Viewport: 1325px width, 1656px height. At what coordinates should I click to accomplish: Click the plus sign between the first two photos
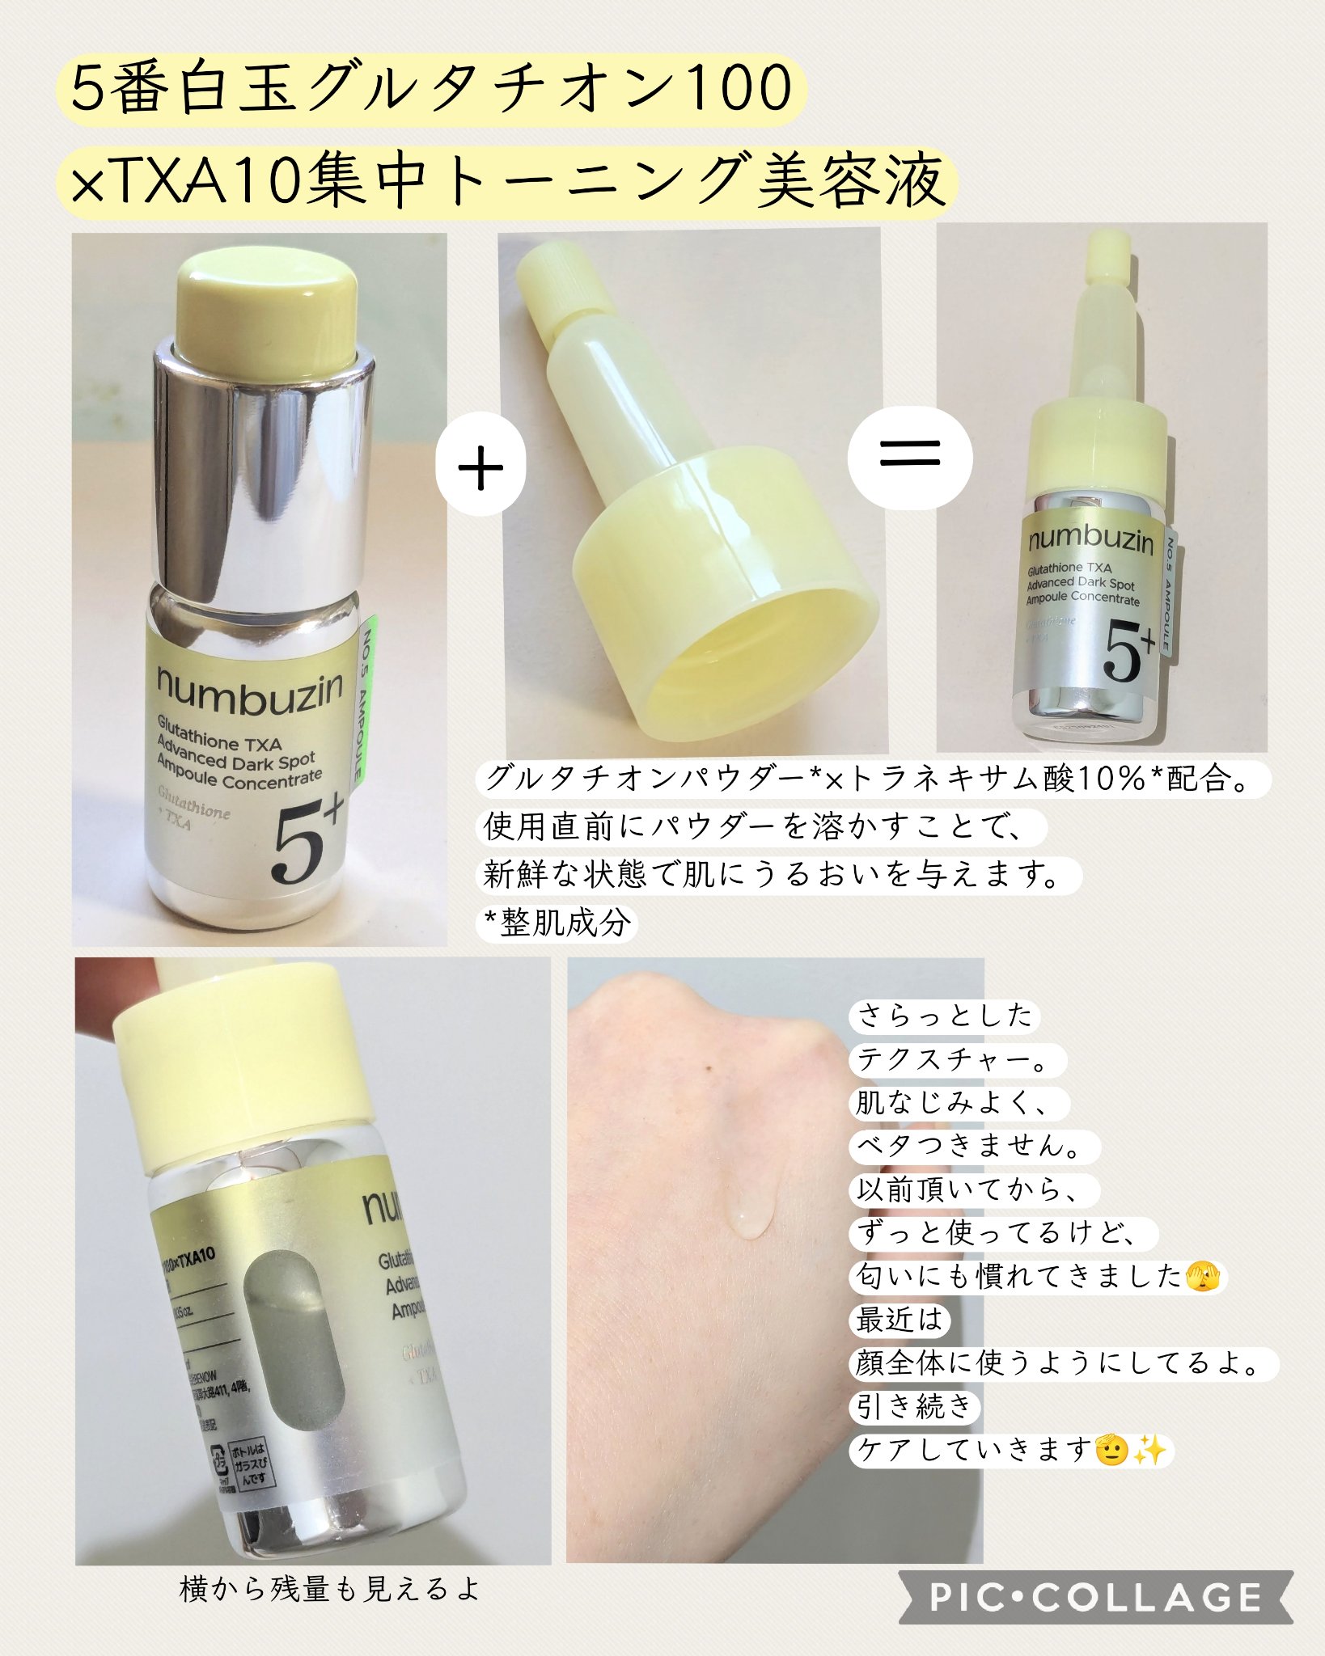tap(480, 467)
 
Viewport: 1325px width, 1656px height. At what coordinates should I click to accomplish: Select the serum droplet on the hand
tap(751, 1215)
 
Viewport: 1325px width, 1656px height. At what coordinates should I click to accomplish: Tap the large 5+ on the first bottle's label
tap(307, 841)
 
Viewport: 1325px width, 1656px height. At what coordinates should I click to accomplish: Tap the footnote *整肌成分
tap(557, 923)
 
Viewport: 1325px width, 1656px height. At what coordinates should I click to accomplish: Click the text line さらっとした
tap(944, 1016)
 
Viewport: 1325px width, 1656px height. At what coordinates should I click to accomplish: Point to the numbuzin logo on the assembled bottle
tap(1090, 539)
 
